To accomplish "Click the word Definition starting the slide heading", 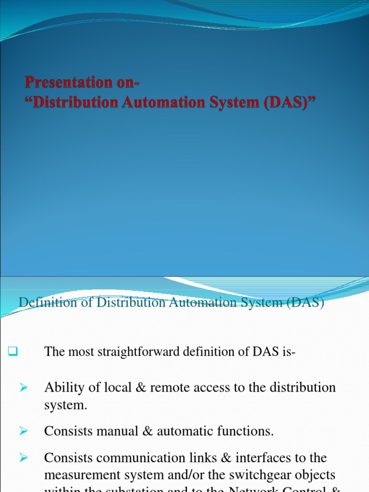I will pyautogui.click(x=42, y=304).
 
